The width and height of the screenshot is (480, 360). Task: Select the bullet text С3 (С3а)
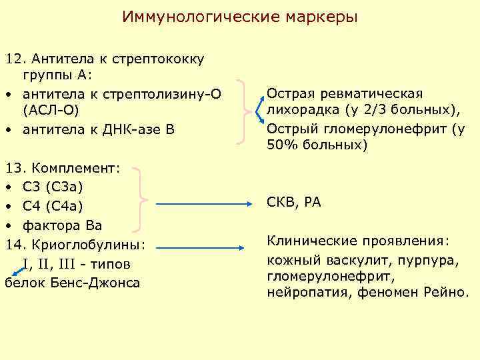(x=54, y=186)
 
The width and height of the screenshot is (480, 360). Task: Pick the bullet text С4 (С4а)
(x=54, y=205)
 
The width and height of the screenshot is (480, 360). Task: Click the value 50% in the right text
(x=281, y=145)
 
